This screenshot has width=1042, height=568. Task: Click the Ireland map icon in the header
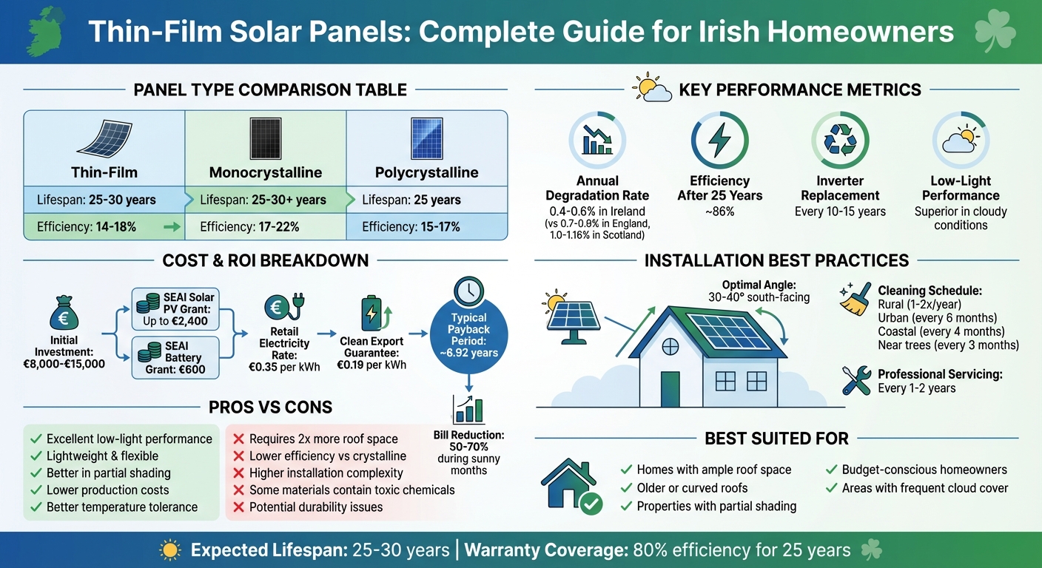pyautogui.click(x=45, y=32)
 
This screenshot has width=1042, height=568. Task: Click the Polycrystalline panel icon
pyautogui.click(x=426, y=139)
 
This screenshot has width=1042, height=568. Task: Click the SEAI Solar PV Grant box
pyautogui.click(x=176, y=309)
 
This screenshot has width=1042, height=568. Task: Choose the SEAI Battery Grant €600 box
pyautogui.click(x=176, y=356)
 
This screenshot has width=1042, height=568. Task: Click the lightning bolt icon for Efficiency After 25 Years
pyautogui.click(x=719, y=141)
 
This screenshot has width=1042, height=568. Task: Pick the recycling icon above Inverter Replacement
pyautogui.click(x=840, y=141)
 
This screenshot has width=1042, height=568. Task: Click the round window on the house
pyautogui.click(x=670, y=345)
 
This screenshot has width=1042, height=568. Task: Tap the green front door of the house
pyautogui.click(x=670, y=389)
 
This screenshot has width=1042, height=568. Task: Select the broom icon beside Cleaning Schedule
pyautogui.click(x=856, y=299)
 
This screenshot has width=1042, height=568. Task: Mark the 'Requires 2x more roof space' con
pyautogui.click(x=323, y=439)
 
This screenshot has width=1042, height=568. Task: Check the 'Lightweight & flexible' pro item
pyautogui.click(x=102, y=456)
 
